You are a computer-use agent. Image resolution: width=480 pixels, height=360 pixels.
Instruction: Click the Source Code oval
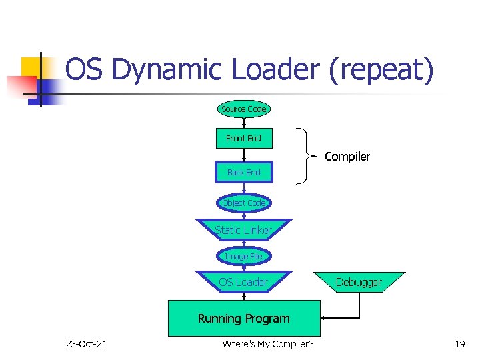[243, 109]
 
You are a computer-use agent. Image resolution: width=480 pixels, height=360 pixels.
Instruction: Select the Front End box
[243, 139]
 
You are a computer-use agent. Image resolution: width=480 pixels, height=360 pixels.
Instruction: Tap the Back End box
[243, 172]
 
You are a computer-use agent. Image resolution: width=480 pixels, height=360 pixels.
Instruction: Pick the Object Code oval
[243, 203]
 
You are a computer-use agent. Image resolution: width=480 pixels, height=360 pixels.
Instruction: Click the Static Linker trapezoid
[243, 230]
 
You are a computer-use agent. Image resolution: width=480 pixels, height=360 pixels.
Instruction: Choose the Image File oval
[243, 256]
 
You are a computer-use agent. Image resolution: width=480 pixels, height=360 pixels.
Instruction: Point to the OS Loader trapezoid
[243, 282]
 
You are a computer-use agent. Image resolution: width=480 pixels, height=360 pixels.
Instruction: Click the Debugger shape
[359, 282]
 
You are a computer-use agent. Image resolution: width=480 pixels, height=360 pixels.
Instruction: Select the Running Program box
[243, 318]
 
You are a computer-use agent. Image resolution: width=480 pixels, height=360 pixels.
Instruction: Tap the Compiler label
[347, 157]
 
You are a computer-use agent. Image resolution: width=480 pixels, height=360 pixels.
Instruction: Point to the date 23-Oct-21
[86, 344]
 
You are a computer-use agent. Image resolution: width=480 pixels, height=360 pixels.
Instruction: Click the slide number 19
[459, 344]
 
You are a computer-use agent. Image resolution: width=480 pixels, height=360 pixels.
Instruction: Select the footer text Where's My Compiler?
[268, 344]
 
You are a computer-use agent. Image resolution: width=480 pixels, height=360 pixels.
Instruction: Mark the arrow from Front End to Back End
[243, 155]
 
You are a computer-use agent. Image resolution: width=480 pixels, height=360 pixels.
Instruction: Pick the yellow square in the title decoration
[32, 67]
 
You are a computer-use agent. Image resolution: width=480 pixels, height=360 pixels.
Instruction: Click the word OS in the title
[85, 70]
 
